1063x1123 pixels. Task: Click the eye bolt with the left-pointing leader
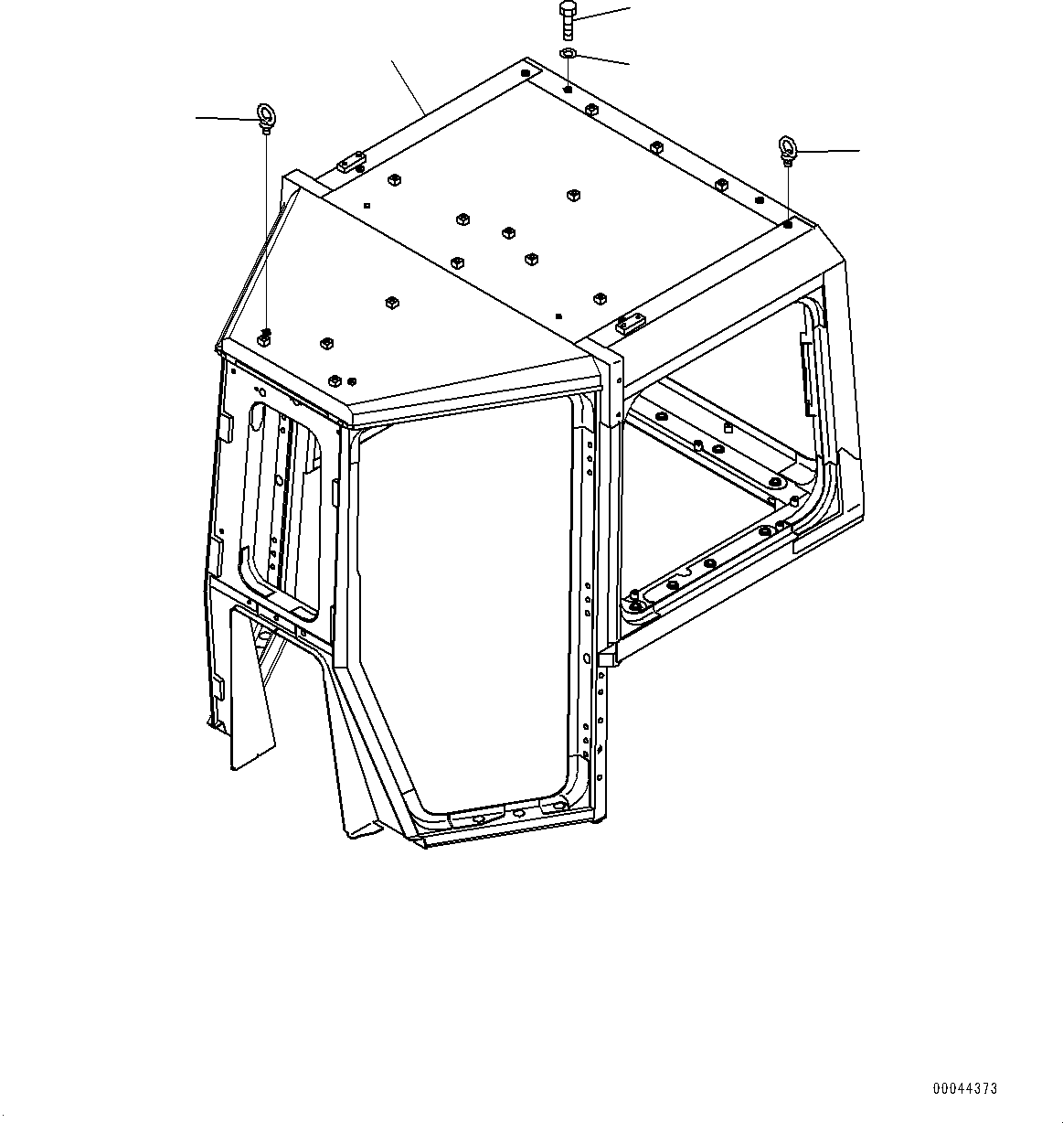(x=265, y=116)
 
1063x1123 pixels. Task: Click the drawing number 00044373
(x=964, y=1088)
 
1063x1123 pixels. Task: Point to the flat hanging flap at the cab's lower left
(x=249, y=686)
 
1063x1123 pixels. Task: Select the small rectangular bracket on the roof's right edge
(x=630, y=323)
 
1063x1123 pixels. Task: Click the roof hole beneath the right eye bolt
(x=788, y=223)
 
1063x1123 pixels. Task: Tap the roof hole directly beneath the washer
(x=568, y=90)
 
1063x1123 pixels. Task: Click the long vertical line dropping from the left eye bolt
(x=266, y=229)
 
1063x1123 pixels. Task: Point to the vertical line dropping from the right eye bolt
(x=788, y=192)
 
